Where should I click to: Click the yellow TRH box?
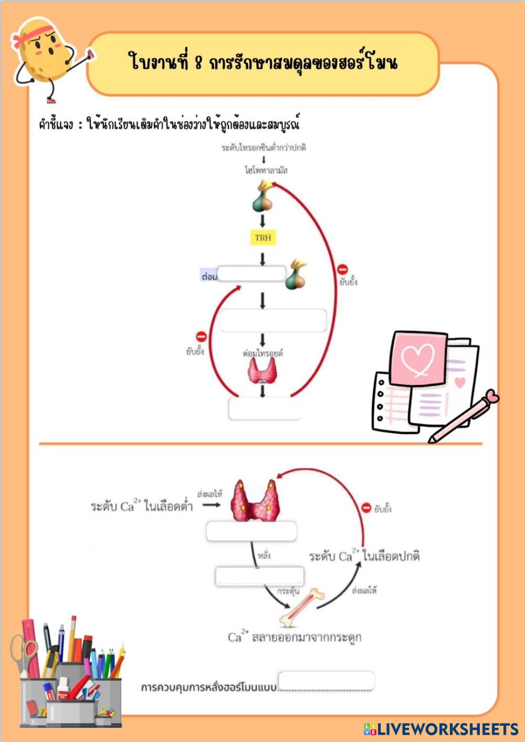[262, 238]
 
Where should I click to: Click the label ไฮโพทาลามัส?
[266, 170]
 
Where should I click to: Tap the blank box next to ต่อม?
[251, 274]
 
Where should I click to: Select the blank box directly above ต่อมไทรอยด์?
[273, 321]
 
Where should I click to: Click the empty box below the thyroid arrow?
[265, 408]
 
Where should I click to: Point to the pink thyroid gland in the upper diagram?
[262, 371]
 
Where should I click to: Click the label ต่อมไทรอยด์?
[262, 353]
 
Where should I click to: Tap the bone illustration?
[302, 608]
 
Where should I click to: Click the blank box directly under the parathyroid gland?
[251, 532]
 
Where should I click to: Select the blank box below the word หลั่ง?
[259, 576]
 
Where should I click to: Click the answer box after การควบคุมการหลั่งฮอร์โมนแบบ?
[326, 681]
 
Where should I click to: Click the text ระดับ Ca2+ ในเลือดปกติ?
[364, 556]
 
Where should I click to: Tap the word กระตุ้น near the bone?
[288, 591]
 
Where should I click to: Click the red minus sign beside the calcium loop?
[366, 507]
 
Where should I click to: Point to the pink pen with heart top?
[463, 417]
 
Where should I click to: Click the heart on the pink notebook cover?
[418, 359]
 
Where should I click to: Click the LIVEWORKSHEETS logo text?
[447, 729]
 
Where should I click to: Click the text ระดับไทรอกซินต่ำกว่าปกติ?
[264, 147]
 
